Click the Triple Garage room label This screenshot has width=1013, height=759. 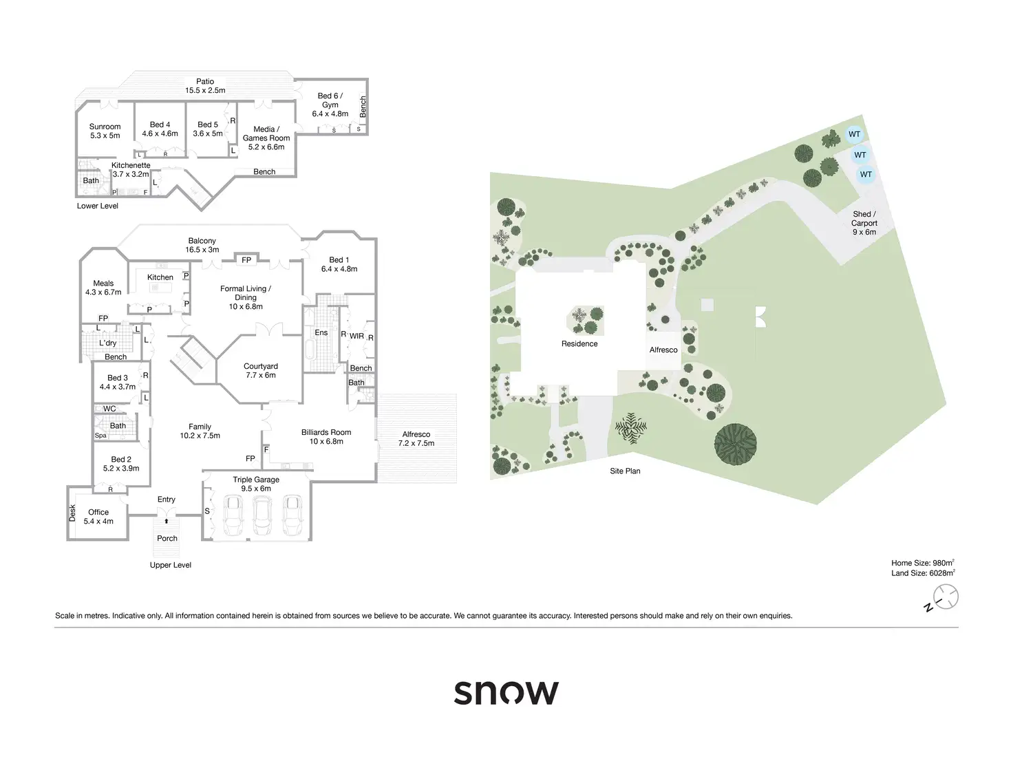pos(256,484)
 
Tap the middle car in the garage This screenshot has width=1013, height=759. pos(263,515)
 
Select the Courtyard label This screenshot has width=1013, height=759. pos(261,370)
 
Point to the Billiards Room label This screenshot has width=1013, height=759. pos(326,436)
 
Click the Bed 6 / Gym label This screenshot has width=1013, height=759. pos(330,105)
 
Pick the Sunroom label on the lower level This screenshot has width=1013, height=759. pos(105,131)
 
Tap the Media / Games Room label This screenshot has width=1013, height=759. pos(266,138)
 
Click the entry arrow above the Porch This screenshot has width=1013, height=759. pos(167,521)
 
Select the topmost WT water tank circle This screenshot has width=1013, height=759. pos(854,134)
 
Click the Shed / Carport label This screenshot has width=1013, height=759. pos(864,223)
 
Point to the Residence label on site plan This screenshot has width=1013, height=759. pos(579,344)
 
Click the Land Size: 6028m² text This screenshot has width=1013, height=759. pos(923,573)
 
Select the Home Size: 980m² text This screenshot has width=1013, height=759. pos(923,563)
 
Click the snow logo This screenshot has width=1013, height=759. pos(506,692)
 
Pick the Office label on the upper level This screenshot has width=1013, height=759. pos(98,517)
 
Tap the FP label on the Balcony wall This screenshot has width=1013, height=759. pos(246,260)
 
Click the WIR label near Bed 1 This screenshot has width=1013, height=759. pos(356,336)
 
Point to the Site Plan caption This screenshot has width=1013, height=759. pos(625,471)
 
